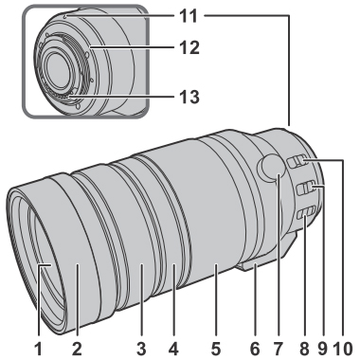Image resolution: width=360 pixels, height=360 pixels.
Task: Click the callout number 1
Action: point(38,350)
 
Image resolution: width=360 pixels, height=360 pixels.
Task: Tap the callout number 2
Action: point(77,350)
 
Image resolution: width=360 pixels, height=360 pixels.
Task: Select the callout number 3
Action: point(141,350)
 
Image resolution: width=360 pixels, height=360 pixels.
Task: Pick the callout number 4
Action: point(174,350)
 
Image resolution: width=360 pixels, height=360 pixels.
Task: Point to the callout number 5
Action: point(216,350)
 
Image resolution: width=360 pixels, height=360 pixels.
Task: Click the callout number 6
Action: point(255,350)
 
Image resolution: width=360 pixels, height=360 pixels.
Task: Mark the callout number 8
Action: point(304,350)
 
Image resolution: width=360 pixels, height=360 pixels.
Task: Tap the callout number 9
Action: point(323,350)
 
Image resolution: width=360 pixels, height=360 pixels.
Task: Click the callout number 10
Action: point(343,350)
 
